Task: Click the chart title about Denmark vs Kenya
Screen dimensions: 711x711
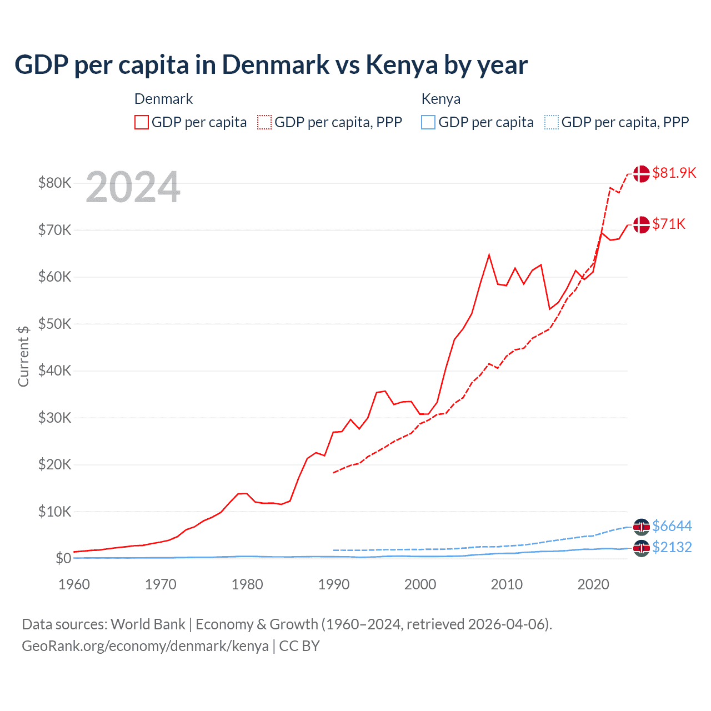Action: coord(271,65)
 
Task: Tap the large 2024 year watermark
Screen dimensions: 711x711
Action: coord(133,188)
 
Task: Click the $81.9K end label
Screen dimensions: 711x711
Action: coord(674,173)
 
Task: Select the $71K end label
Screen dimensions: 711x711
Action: coord(669,224)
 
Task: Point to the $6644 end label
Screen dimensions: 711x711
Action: coord(672,526)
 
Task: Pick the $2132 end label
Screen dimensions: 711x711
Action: coord(672,547)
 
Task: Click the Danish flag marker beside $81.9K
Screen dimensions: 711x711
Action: coord(641,173)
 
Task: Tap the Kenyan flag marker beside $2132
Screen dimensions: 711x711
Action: coord(641,548)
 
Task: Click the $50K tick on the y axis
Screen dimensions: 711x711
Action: coord(54,324)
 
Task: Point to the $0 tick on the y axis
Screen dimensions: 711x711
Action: coord(63,558)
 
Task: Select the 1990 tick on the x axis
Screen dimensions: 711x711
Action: coord(334,584)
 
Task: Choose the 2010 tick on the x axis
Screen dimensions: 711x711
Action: coord(507,584)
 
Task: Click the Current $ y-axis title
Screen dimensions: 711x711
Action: coord(23,356)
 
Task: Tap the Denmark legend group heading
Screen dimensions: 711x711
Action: coord(163,99)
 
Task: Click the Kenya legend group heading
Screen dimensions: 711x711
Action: coord(440,99)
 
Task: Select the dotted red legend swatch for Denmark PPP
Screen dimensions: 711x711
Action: coord(264,122)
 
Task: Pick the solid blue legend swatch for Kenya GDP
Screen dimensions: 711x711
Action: coord(428,122)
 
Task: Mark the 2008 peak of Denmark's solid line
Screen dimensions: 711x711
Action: coord(489,255)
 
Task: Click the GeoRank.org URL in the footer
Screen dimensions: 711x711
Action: coord(145,646)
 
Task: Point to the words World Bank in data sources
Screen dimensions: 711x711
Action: coord(148,624)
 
